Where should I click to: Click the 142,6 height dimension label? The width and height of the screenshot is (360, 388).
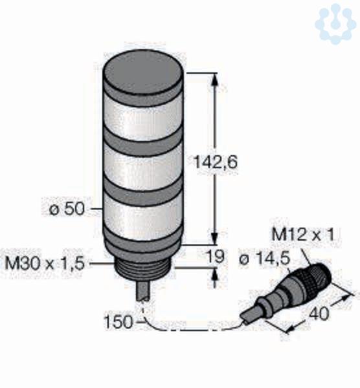(x=215, y=162)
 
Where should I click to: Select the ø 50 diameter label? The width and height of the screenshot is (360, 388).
(x=67, y=210)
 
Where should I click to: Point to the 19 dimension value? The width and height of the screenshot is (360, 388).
(x=215, y=256)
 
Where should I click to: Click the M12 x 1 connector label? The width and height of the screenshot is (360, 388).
(x=303, y=234)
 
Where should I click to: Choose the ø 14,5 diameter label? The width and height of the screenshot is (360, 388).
(x=265, y=259)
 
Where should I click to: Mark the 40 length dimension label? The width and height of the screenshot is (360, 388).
(x=320, y=313)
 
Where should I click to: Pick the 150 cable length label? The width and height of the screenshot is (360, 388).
(x=118, y=322)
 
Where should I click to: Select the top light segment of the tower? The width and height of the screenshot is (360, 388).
(x=143, y=118)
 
